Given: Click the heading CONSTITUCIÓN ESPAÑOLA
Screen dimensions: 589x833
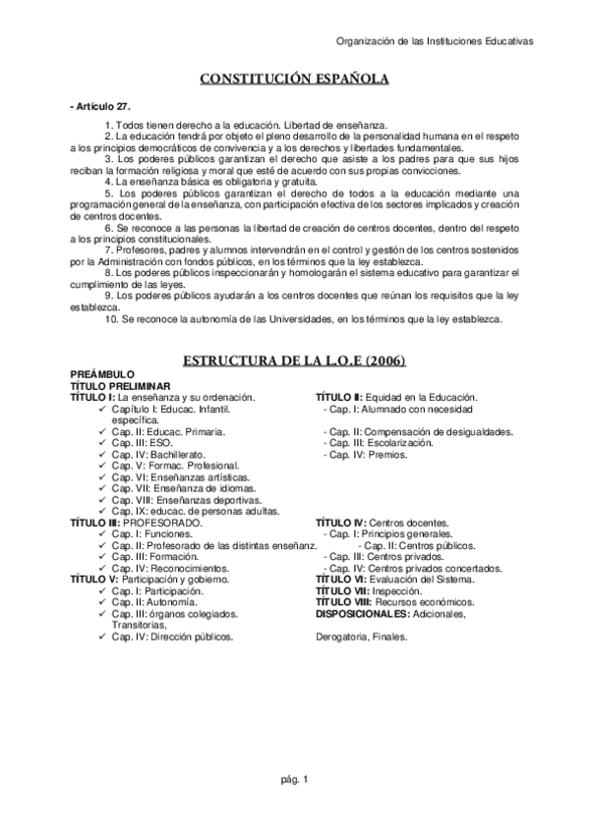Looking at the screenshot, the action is click(295, 79).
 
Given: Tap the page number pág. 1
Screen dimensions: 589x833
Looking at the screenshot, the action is click(295, 780).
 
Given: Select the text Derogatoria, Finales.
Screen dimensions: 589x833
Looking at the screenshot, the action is click(361, 637).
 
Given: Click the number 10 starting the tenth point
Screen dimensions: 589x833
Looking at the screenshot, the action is click(110, 319).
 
